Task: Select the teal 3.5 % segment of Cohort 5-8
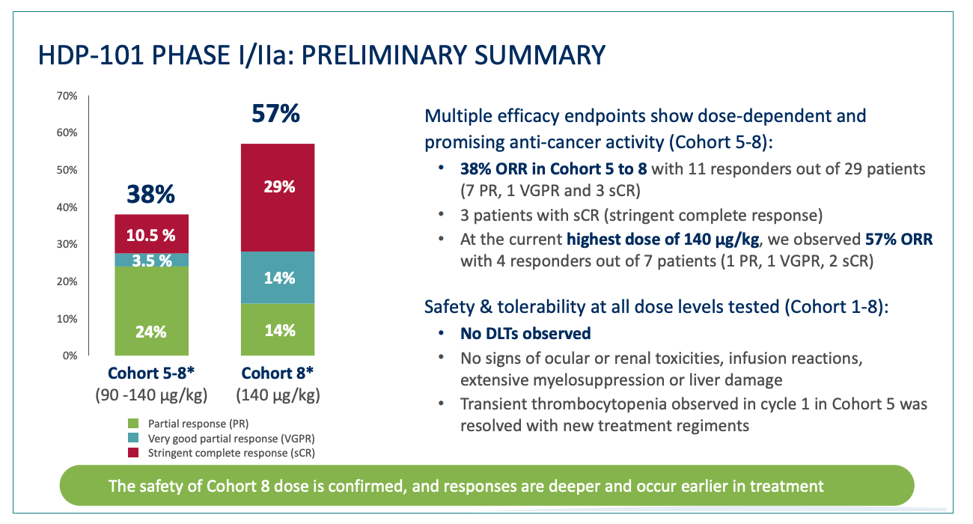151,260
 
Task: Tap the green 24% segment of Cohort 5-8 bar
151,311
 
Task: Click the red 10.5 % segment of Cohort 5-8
151,234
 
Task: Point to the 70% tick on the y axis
67,96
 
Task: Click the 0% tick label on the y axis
70,356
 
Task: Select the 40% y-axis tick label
67,207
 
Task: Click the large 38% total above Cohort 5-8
150,194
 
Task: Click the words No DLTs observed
525,333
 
